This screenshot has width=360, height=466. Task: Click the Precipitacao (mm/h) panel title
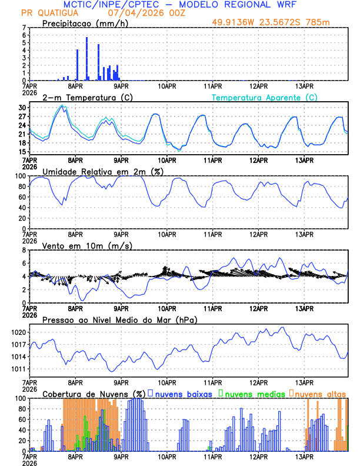click(85, 23)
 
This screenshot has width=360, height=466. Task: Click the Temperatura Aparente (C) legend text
click(265, 97)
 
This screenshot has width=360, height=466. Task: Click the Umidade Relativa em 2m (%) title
click(101, 171)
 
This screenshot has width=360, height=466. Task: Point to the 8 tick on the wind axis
click(25, 250)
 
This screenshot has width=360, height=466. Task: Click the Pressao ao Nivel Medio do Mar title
click(120, 319)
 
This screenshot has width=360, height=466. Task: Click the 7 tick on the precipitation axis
click(25, 28)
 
